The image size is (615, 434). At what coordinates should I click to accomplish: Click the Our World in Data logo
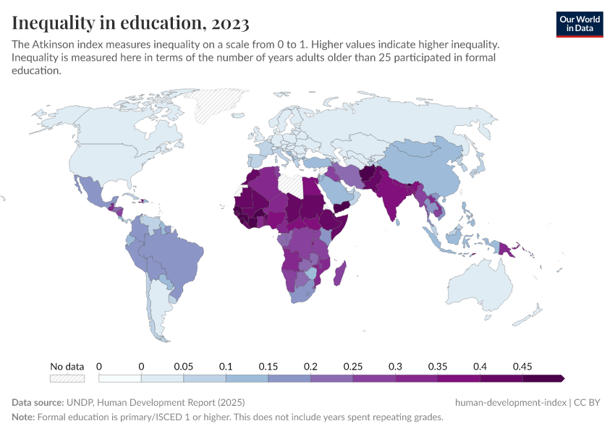coord(579,24)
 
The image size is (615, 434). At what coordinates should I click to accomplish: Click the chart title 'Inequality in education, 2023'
coord(131,23)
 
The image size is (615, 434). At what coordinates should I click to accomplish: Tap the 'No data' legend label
coord(67,367)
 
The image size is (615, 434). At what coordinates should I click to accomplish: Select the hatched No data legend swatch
coord(67,378)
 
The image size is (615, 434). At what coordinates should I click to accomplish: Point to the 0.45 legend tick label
coord(522,367)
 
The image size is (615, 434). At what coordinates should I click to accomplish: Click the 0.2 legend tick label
coord(310,367)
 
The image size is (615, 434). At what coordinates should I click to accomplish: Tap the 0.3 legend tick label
coord(395,367)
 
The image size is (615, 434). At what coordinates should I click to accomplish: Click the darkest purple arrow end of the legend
coord(561,378)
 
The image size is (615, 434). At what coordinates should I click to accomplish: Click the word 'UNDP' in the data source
coord(79,402)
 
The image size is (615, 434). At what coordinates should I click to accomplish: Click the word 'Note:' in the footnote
coord(23,417)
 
